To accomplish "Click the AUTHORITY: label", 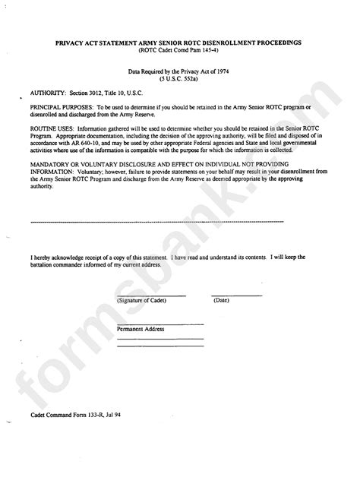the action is [47, 90].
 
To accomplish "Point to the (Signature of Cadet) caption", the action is [142, 301].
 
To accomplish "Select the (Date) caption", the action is [222, 301].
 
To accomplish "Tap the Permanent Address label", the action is [141, 329].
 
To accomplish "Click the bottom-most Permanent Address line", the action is [160, 346].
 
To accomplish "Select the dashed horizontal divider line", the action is [156, 222].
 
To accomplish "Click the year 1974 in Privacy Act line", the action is [224, 70].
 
